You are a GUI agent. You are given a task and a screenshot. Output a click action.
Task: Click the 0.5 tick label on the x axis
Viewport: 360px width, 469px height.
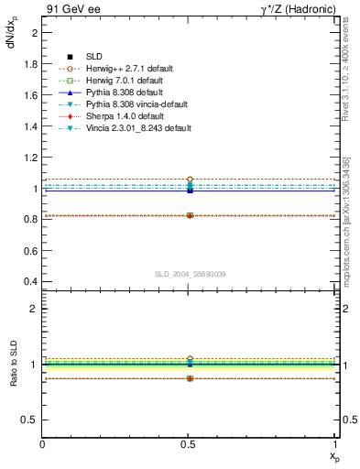190,444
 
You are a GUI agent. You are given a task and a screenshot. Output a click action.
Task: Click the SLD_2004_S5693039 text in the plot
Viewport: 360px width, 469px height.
190,274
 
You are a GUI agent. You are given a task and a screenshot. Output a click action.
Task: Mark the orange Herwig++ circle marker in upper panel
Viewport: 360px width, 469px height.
190,180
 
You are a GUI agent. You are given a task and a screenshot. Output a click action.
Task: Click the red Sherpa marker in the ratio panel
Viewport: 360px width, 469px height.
190,378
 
